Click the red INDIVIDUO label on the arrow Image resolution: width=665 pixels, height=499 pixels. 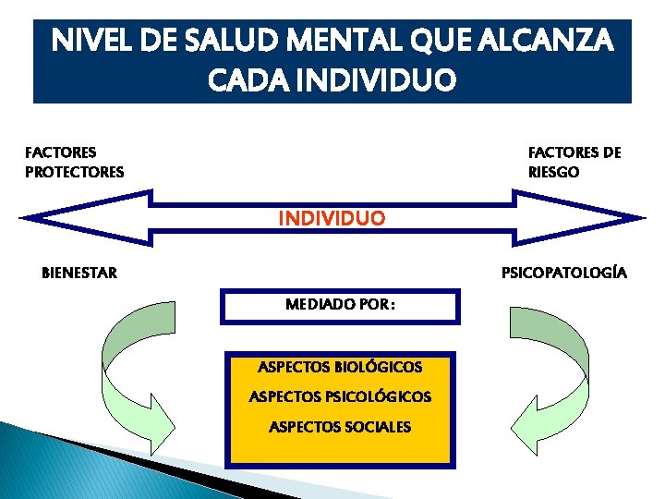(x=332, y=219)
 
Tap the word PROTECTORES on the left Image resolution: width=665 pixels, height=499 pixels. (x=74, y=172)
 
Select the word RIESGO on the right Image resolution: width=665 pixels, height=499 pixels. (x=553, y=172)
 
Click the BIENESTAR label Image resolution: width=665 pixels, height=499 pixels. (x=79, y=273)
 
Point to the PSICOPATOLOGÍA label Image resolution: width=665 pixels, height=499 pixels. (x=563, y=273)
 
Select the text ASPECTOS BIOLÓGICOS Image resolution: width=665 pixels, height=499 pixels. (x=340, y=367)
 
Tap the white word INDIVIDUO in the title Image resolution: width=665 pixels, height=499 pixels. (x=369, y=81)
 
